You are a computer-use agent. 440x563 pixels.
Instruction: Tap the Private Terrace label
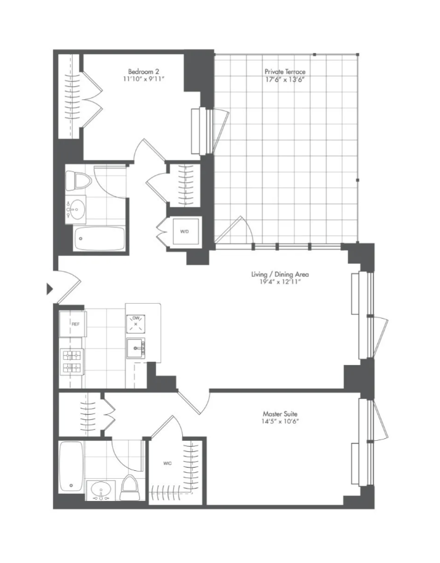point(285,71)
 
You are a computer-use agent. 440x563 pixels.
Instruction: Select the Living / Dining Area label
point(280,274)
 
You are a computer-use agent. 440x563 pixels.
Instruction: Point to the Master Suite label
point(280,413)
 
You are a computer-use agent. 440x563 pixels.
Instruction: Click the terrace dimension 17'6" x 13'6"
point(285,79)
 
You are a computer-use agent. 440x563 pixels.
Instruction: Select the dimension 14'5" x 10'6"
point(280,421)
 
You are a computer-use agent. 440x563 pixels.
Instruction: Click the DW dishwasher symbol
point(136,322)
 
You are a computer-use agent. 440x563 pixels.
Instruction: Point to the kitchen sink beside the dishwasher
point(136,347)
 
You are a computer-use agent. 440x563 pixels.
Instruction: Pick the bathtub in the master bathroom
point(71,467)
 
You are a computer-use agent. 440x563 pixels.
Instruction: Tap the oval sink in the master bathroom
point(100,490)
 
